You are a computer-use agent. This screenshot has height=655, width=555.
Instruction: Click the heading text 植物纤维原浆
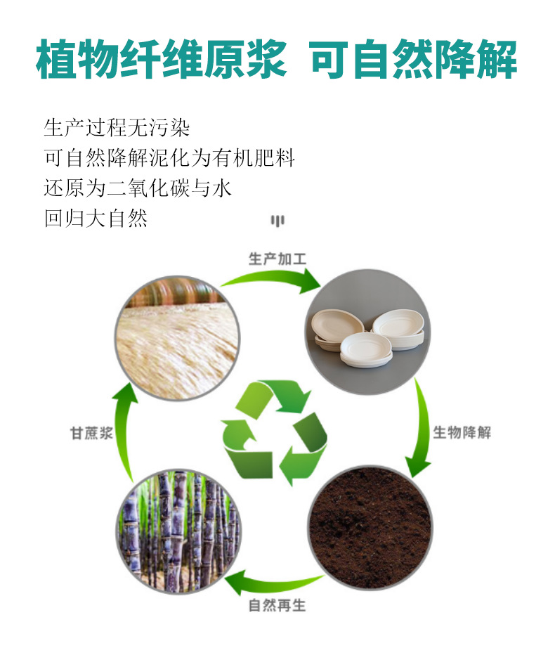point(161,59)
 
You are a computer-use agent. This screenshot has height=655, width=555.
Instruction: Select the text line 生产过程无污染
point(117,128)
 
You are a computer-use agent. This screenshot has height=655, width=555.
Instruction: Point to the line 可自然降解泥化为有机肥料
point(169,157)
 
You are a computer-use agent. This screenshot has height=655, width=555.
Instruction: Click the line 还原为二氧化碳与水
point(138,188)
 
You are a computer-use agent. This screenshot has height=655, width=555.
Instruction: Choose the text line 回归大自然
point(96,218)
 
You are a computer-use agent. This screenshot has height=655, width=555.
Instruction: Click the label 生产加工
point(277,259)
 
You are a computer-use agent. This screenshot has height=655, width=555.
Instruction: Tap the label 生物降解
point(462,432)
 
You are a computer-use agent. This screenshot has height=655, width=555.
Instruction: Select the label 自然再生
point(277,605)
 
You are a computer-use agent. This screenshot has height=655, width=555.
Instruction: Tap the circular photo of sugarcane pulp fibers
point(176,338)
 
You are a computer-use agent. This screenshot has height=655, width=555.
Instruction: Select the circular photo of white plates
point(368,331)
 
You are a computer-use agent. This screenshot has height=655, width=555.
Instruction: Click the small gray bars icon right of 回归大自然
point(277,221)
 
